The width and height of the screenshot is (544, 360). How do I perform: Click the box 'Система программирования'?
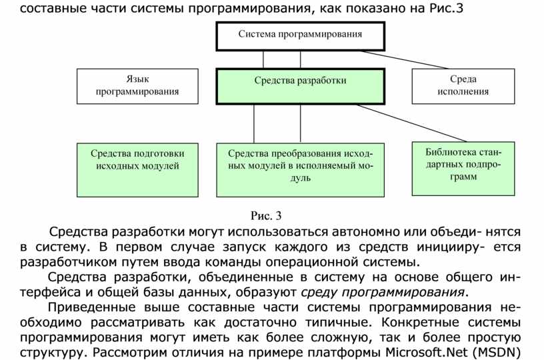[300, 35]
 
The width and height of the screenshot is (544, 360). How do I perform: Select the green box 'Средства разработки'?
[301, 85]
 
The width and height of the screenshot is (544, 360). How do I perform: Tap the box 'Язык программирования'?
[138, 86]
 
